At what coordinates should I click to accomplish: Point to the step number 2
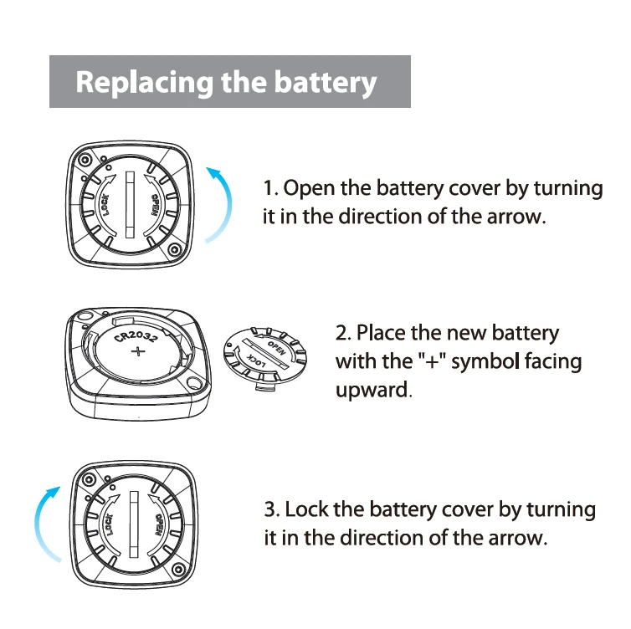[341, 333]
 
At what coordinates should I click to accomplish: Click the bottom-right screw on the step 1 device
[174, 250]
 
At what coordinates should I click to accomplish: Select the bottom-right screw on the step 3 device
[177, 572]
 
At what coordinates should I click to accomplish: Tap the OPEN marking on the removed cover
[276, 345]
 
